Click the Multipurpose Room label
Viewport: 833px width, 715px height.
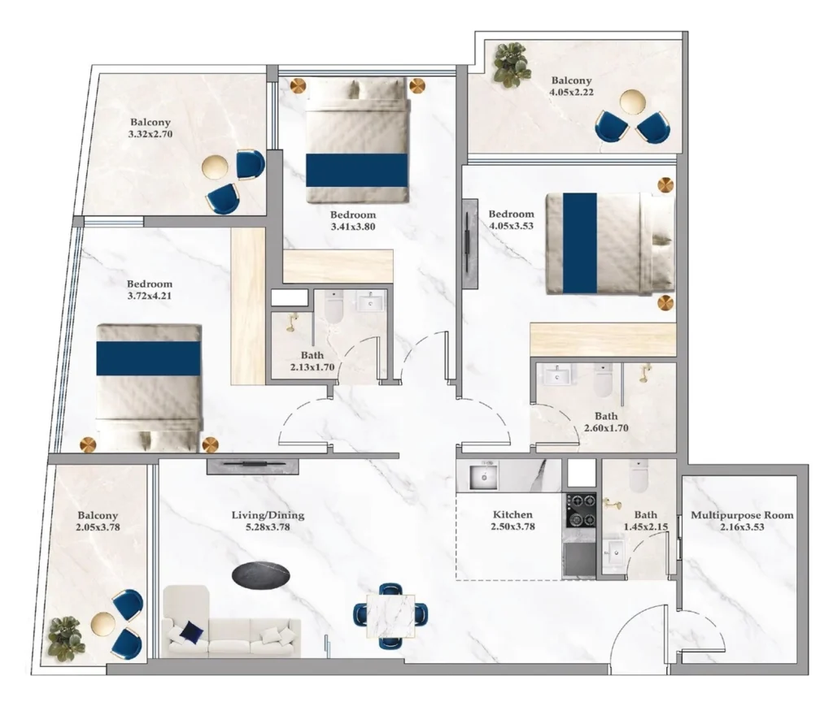[741, 515]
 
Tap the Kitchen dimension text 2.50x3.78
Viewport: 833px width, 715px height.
[512, 526]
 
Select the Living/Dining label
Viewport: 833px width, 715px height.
[261, 515]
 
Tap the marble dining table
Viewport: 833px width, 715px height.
[390, 615]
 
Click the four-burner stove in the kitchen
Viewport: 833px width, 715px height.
[581, 510]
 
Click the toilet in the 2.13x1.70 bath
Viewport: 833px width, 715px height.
[335, 309]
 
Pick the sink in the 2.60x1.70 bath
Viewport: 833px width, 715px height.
[556, 375]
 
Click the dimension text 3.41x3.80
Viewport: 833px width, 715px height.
[352, 227]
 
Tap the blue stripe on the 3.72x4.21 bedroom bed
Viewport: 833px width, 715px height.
[148, 358]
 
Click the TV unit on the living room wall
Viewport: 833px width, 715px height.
[252, 466]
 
